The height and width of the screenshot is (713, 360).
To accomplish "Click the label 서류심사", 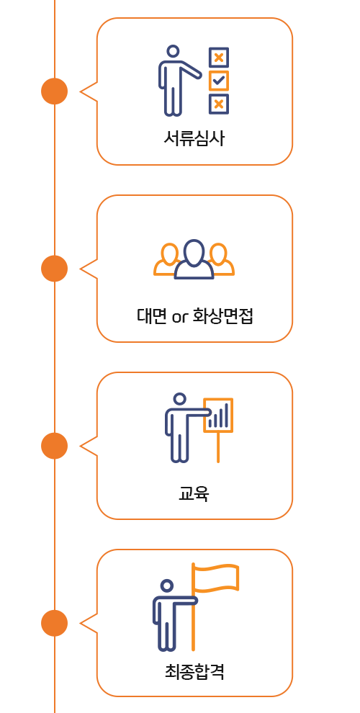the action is [x=194, y=138].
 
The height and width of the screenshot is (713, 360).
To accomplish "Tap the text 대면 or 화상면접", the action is [x=194, y=315].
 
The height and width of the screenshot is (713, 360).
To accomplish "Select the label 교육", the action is [x=194, y=493].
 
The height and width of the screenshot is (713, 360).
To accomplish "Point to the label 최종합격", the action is [x=194, y=671].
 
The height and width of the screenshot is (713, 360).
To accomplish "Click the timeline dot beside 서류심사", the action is [x=55, y=91].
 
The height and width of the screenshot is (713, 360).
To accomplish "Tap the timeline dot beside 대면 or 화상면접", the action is [x=55, y=269].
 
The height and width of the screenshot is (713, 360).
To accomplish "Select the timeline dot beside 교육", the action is [x=55, y=446].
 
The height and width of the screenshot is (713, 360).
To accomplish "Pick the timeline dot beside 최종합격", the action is [x=55, y=623].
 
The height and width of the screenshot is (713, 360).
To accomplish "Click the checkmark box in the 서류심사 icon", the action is [x=219, y=81].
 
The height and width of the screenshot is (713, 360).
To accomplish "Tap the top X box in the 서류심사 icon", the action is [x=219, y=58].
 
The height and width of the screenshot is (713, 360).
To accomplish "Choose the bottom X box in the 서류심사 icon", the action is [x=219, y=104].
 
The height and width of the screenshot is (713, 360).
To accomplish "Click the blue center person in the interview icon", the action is [x=194, y=259].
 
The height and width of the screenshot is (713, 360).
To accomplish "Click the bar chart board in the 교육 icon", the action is [x=218, y=415].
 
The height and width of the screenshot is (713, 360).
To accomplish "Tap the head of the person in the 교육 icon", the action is [x=180, y=399].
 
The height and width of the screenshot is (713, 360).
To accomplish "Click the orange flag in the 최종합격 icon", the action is [x=215, y=578].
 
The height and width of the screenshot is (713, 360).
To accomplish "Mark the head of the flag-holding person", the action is [x=167, y=586].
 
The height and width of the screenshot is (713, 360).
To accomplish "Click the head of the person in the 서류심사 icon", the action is [x=174, y=51].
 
